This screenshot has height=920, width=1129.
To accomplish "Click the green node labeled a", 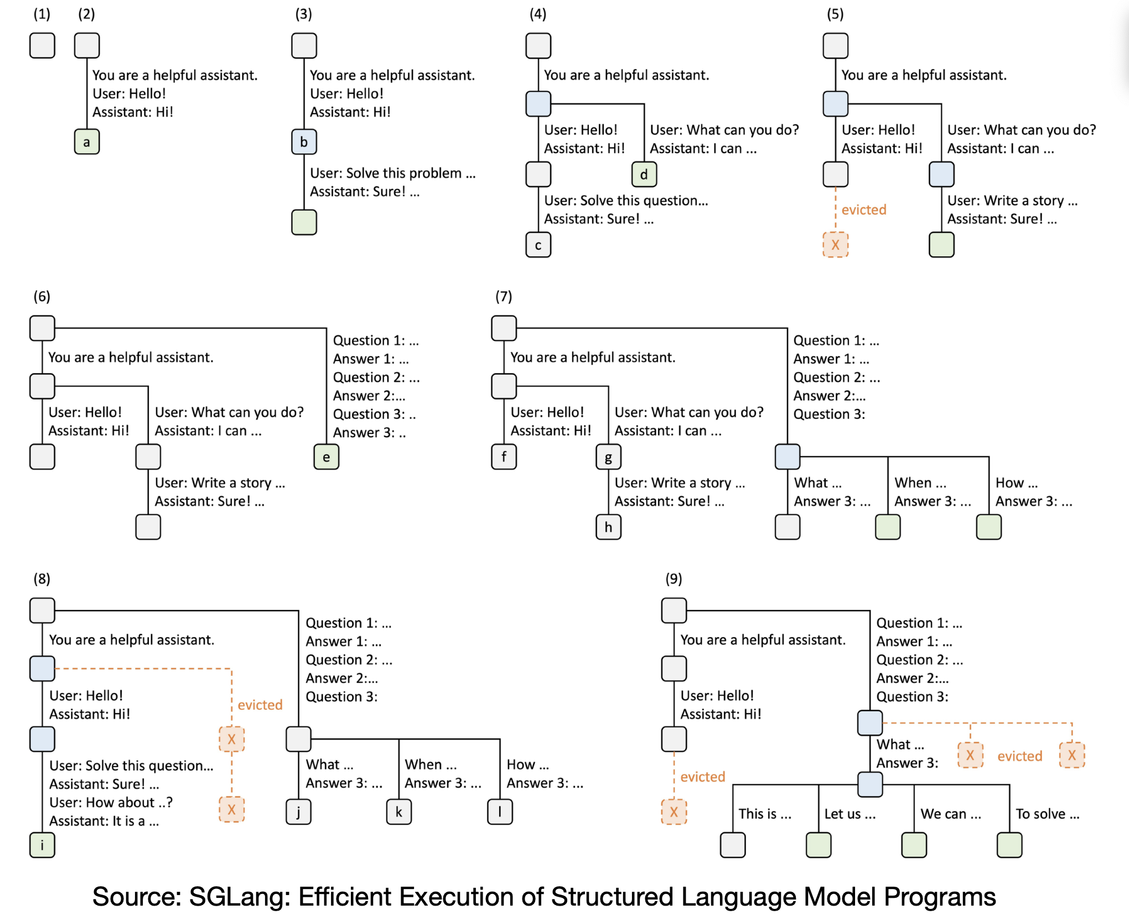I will (x=86, y=142).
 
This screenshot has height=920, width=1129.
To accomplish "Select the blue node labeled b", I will (x=304, y=142).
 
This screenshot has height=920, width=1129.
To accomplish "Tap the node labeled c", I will (x=538, y=245).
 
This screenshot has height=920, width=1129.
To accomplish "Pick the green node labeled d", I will (x=644, y=175).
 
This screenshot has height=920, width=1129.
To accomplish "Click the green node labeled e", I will (x=326, y=457).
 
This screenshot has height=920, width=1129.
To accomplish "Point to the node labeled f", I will (x=504, y=457).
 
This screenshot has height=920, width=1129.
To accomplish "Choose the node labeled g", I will (x=608, y=457).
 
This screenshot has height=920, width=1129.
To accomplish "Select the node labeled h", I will (x=608, y=527).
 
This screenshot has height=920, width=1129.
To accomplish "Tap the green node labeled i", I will (x=42, y=845).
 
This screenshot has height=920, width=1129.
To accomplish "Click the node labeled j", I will (x=298, y=812).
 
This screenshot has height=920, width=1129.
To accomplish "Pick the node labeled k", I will (x=398, y=812).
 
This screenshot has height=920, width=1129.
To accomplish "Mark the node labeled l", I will (x=500, y=812).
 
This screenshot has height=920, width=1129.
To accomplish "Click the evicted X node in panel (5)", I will (x=835, y=245).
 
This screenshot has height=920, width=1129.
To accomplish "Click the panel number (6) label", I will (x=42, y=297).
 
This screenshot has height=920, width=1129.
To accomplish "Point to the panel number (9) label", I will (x=674, y=579).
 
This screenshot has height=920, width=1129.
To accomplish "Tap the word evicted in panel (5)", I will (x=864, y=210).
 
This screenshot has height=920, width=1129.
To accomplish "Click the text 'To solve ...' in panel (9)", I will (x=1047, y=814).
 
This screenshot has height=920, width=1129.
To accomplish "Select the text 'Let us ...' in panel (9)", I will (x=850, y=814).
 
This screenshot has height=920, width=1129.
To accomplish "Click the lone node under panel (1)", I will (x=42, y=45).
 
